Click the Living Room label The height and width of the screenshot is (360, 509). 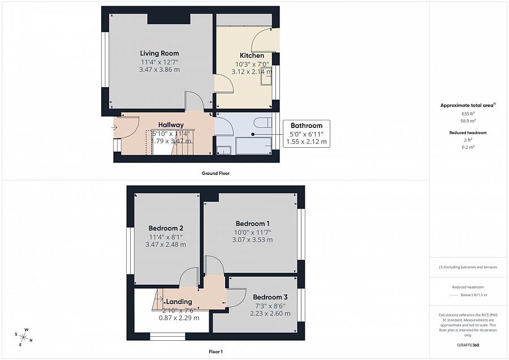159,53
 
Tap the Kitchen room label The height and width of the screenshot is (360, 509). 252,55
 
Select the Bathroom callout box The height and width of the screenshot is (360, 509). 307,134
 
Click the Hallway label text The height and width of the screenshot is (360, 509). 171,125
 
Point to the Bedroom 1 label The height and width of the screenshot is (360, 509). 252,223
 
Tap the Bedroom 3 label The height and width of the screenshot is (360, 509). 270,297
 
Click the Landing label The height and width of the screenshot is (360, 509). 179,302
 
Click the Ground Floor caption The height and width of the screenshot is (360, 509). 216,173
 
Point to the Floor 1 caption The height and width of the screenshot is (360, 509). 215,352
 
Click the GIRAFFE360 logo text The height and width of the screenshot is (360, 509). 468,344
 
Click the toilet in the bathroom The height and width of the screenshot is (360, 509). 261,123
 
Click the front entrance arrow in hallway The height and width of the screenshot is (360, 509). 115,127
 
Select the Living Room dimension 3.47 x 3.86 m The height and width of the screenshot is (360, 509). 159,70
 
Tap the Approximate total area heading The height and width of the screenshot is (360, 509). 467,105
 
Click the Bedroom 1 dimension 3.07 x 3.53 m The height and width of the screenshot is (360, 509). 252,239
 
